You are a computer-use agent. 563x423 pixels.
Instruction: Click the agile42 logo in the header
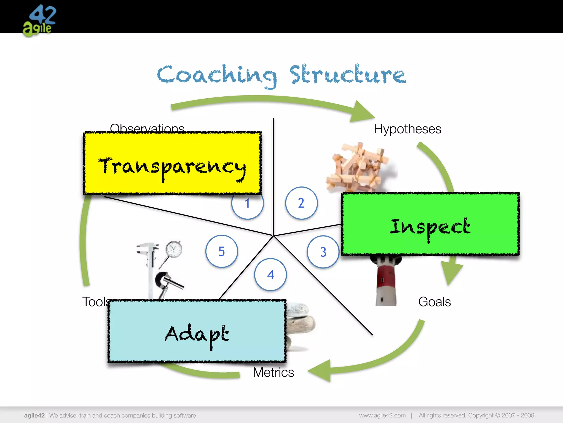[x=39, y=21]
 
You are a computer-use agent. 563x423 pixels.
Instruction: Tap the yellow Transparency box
[x=172, y=163]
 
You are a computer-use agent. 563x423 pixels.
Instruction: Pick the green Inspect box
[x=430, y=224]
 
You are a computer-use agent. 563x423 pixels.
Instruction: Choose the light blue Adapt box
[x=197, y=331]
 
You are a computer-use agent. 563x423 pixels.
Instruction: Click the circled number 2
[x=301, y=203]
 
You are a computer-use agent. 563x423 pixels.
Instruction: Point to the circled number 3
[x=323, y=252]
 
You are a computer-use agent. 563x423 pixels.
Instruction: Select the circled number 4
[x=271, y=275]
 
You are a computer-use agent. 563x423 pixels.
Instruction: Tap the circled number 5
[x=222, y=251]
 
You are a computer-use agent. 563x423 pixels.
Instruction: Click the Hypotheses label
[x=407, y=129]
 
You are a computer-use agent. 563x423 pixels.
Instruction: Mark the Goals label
[x=434, y=302]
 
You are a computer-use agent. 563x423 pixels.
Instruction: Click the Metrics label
[x=273, y=372]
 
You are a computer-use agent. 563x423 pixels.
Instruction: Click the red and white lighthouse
[x=386, y=281]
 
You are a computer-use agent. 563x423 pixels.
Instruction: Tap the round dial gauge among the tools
[x=174, y=250]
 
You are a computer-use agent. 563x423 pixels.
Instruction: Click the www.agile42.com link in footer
[x=382, y=415]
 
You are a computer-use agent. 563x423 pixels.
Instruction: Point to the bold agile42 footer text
[x=34, y=415]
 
